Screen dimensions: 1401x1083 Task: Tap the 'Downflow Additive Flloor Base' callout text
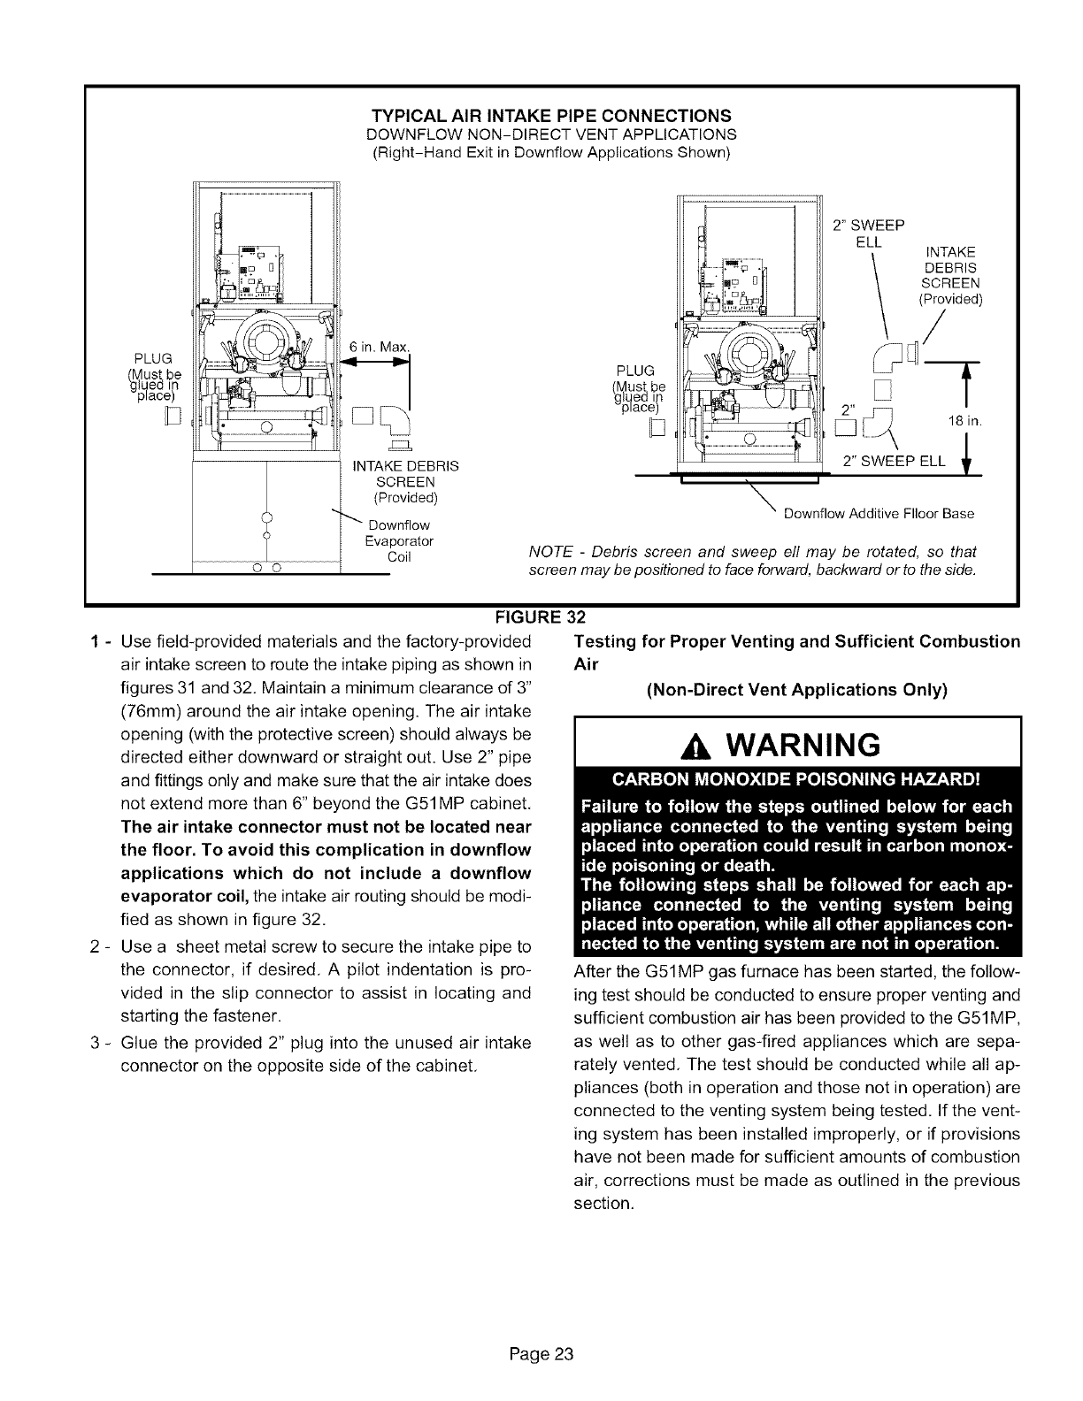[874, 514]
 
